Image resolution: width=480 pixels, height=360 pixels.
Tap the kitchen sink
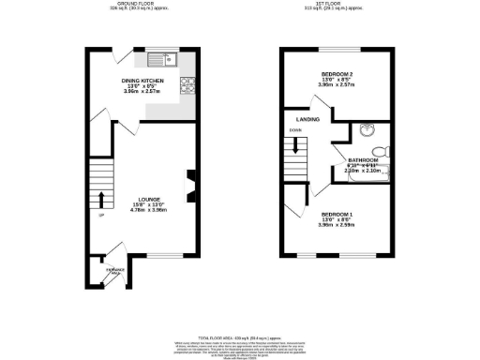pyautogui.click(x=161, y=59)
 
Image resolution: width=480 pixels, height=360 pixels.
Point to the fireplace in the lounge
pyautogui.click(x=191, y=186)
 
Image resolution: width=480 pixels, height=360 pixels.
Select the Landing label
pyautogui.click(x=307, y=120)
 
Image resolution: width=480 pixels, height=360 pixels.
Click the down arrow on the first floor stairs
pyautogui.click(x=297, y=146)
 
